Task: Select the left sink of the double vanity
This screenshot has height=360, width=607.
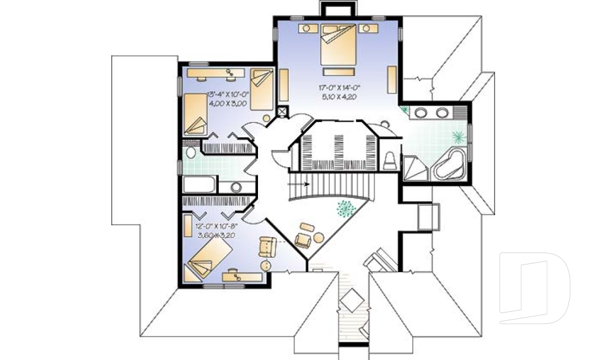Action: pos(421,113)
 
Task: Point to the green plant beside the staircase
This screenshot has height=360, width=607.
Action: pos(345,208)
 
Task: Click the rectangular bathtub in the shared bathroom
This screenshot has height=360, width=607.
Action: pos(200,186)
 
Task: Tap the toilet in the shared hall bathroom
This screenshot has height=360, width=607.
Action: pos(190,154)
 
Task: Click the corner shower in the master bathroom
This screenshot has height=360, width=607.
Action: pos(415,168)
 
